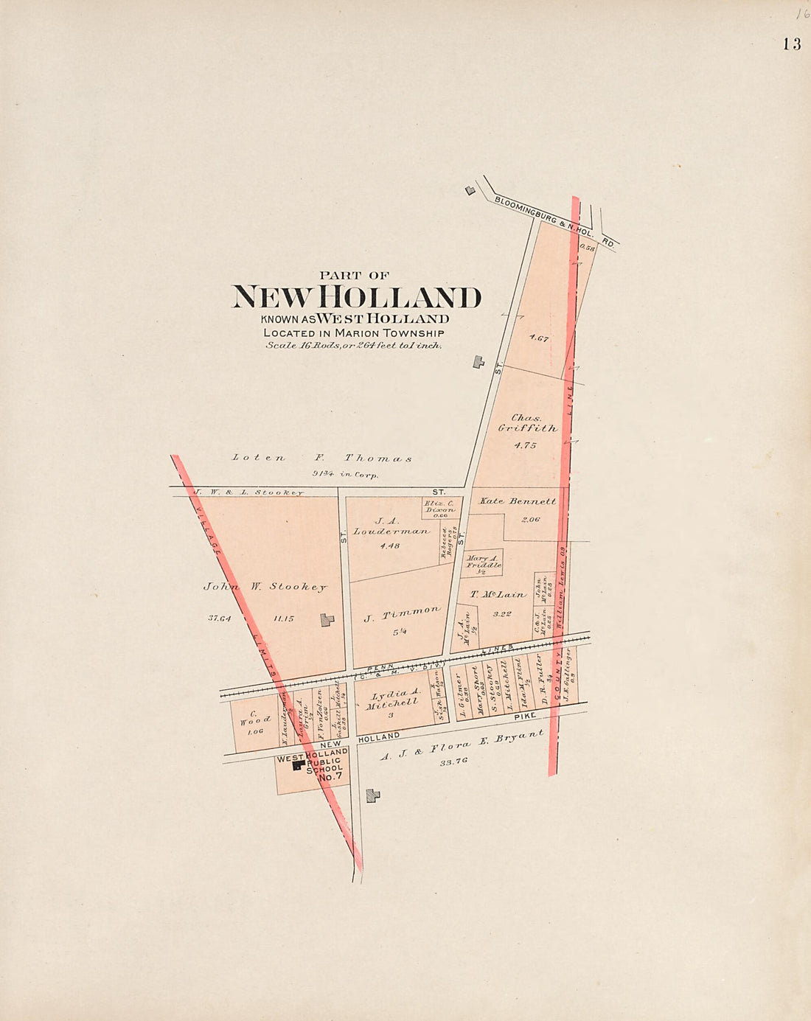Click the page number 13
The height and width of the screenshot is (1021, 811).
(792, 44)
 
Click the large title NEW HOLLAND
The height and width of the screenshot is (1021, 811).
(357, 297)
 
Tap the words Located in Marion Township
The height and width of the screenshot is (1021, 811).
(354, 332)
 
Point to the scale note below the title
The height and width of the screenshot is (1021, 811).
(354, 345)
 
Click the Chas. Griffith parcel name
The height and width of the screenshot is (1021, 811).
(527, 423)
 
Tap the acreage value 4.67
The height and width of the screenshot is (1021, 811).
(538, 338)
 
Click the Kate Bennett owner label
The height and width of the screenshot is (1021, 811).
(518, 501)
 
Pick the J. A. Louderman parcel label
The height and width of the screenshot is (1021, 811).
(390, 526)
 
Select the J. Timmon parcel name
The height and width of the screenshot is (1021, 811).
(402, 614)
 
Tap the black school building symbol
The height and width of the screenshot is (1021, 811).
(298, 766)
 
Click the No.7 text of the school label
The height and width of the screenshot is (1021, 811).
(330, 777)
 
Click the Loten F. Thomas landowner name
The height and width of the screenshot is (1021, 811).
(321, 458)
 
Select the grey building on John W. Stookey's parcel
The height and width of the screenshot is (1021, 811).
(327, 620)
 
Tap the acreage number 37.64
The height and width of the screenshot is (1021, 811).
(220, 618)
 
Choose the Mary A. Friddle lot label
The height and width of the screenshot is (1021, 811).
(484, 562)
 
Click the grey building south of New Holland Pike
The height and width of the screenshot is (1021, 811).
(373, 795)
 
